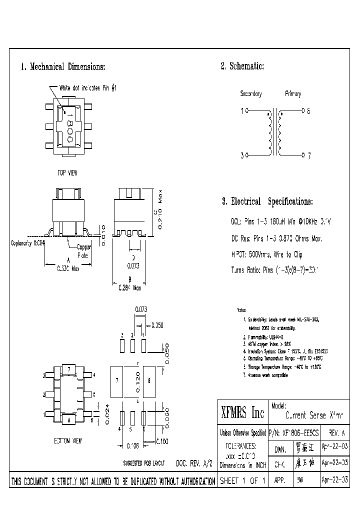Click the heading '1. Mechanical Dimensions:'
tap(63, 67)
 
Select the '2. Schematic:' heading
tap(242, 66)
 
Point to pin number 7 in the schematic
tap(309, 156)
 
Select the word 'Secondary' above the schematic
tap(251, 94)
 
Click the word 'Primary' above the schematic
tap(293, 94)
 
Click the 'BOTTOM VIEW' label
tap(68, 441)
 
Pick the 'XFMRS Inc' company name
tap(242, 413)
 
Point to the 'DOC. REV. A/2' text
tap(195, 463)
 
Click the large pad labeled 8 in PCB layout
tap(149, 380)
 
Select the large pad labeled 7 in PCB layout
tap(117, 380)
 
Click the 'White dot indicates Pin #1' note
tap(88, 87)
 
